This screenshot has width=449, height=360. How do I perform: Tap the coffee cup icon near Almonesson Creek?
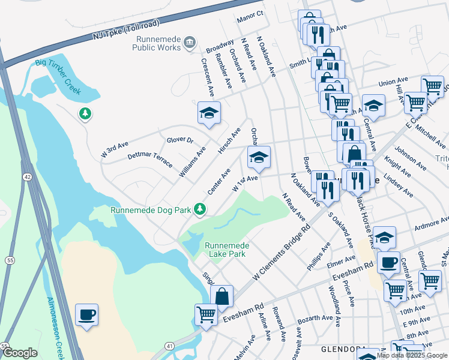point(86,315)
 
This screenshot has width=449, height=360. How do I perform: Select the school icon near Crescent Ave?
point(209,113)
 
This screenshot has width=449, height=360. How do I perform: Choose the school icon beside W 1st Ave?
point(259,158)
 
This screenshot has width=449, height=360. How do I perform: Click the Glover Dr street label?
point(180,140)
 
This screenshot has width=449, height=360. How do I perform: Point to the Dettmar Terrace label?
point(150,159)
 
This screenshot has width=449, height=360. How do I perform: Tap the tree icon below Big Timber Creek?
point(85,113)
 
